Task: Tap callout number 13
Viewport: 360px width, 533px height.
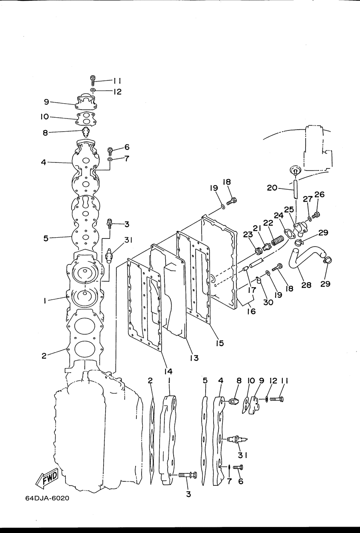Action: point(194,358)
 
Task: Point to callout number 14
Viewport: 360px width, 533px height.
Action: point(168,371)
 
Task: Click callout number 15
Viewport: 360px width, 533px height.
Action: point(220,343)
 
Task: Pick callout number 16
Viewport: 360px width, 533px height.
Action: point(251,311)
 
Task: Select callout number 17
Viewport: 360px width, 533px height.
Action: point(252,290)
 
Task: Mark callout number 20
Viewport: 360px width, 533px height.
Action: point(272,188)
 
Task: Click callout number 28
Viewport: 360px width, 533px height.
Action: point(306,285)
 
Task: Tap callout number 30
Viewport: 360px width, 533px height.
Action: point(268,302)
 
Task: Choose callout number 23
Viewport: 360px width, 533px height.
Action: point(248,234)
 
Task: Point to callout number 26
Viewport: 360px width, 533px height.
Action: point(319,194)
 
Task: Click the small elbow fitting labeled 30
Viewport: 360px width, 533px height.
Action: point(258,280)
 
